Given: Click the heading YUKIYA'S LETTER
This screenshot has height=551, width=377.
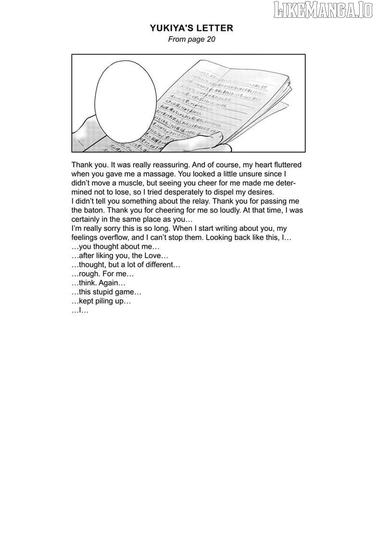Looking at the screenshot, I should pyautogui.click(x=191, y=28).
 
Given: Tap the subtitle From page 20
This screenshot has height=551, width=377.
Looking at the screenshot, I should pyautogui.click(x=191, y=39).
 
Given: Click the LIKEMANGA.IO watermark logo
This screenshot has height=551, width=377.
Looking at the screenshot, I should pyautogui.click(x=323, y=10).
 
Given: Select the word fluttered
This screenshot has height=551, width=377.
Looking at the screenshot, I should pyautogui.click(x=285, y=165).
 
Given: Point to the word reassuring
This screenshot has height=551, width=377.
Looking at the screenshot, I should pyautogui.click(x=165, y=165).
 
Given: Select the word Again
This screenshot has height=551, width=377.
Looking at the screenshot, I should pyautogui.click(x=110, y=283).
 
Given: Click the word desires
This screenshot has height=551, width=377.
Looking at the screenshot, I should pyautogui.click(x=260, y=192).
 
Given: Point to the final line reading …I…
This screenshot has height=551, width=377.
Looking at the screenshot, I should pyautogui.click(x=80, y=310).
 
